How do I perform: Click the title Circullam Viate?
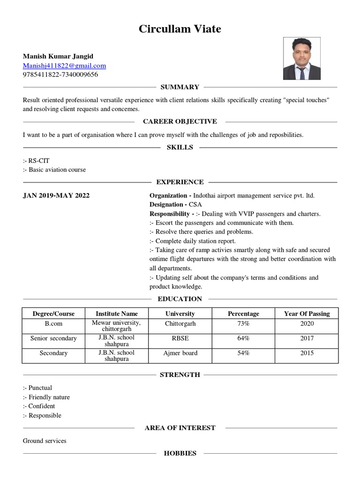[x=180, y=29]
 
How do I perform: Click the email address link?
[x=64, y=66]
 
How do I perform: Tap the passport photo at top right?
[x=302, y=59]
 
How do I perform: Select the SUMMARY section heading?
[x=180, y=87]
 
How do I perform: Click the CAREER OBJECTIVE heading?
[x=180, y=121]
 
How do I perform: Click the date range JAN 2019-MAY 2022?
[x=56, y=195]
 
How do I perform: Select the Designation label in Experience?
[x=166, y=204]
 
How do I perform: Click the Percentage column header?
[x=243, y=314]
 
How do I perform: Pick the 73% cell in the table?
[x=243, y=324]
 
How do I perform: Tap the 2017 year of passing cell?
[x=307, y=338]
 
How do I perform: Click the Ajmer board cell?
[x=180, y=353]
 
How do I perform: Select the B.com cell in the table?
[x=53, y=324]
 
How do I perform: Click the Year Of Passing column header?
[x=307, y=314]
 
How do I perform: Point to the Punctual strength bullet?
[x=40, y=388]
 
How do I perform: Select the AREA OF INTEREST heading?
[x=180, y=428]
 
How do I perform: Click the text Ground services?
[x=45, y=441]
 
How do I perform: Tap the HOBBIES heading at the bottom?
[x=180, y=453]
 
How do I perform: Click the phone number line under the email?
[x=60, y=75]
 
